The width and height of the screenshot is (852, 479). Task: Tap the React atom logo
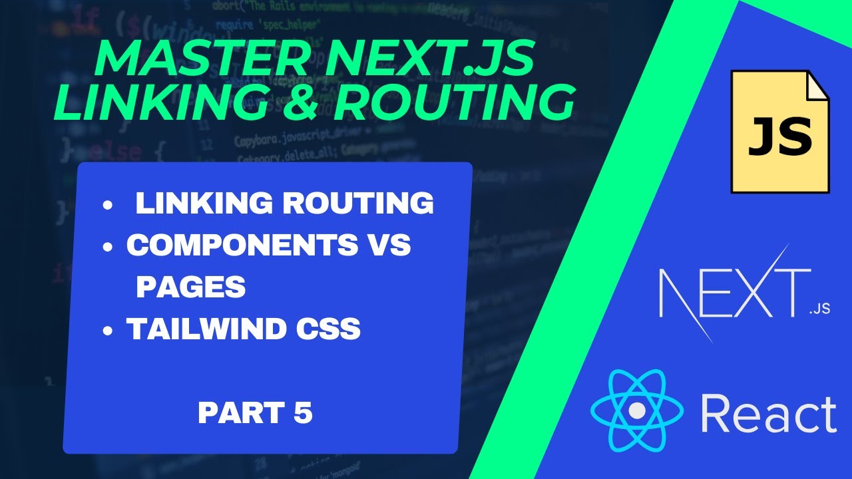(x=637, y=410)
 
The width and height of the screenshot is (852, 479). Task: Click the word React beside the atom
(x=769, y=414)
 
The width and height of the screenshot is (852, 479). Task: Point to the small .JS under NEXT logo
(x=819, y=310)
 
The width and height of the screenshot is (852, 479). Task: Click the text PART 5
(x=255, y=414)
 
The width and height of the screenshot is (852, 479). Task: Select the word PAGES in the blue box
(x=191, y=287)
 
